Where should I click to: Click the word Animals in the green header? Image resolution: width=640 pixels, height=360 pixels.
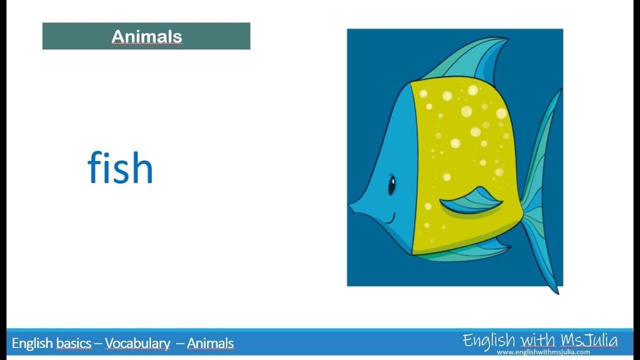tap(146, 36)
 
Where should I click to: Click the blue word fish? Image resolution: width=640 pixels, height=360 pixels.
tap(120, 168)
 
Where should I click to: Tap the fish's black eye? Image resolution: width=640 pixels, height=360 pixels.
tap(391, 185)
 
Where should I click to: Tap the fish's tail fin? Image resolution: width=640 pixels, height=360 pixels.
tap(540, 200)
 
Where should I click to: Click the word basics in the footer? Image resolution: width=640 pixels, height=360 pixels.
tap(73, 343)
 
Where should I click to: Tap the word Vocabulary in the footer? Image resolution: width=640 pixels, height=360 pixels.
tap(137, 343)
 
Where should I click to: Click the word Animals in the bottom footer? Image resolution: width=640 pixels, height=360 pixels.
tap(210, 343)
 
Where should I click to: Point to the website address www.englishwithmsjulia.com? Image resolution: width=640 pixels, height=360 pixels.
tap(543, 352)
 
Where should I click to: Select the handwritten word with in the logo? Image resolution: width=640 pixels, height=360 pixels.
tap(537, 340)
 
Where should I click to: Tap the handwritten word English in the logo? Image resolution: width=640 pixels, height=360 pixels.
tap(488, 340)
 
